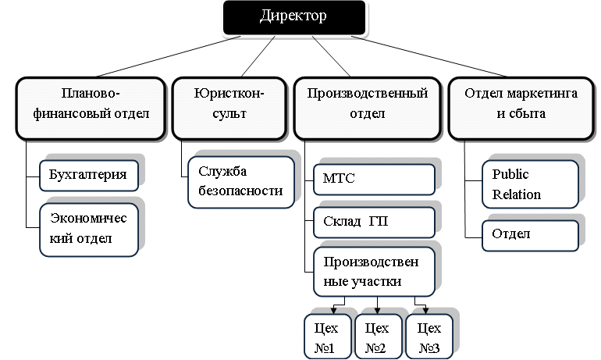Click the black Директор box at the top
pos(293,17)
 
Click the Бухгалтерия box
pos(88,175)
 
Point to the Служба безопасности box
pos(241,181)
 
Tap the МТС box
pos(374,180)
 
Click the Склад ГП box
pos(374,222)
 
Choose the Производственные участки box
pos(374,270)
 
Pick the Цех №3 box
pos(429,337)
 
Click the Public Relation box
pos(530,184)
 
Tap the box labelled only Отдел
pos(530,234)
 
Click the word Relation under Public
pos(516,194)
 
